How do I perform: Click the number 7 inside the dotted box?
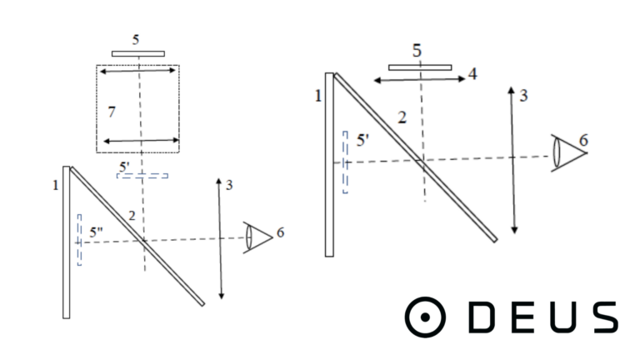click(112, 112)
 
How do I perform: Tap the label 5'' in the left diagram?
click(97, 232)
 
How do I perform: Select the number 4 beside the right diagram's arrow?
click(472, 74)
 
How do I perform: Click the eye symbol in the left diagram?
click(258, 237)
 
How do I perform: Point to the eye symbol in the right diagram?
click(569, 153)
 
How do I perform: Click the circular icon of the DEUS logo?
click(425, 317)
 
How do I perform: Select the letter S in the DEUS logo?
click(605, 317)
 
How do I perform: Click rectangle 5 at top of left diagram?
click(138, 54)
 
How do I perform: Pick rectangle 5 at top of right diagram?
click(420, 67)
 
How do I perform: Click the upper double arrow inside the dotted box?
click(137, 71)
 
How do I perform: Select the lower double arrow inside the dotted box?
click(141, 141)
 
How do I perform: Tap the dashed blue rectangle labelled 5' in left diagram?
click(142, 176)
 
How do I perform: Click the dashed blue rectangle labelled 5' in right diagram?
click(345, 162)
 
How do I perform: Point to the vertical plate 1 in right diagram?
click(329, 165)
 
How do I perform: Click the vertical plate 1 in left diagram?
click(67, 242)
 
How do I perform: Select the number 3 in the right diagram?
click(523, 96)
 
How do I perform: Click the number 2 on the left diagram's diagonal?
click(132, 216)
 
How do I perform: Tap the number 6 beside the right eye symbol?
click(583, 140)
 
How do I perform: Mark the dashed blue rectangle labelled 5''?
click(79, 240)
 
